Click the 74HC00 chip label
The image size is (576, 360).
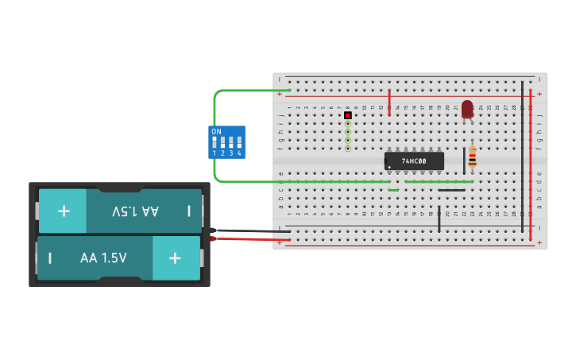[414, 161]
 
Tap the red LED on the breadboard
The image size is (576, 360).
[467, 109]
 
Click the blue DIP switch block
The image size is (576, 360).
[227, 142]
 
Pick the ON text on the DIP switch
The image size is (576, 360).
[216, 131]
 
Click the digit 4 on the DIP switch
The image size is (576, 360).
[239, 153]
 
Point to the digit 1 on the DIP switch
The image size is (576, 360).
[215, 153]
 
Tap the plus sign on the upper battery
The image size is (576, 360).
[64, 211]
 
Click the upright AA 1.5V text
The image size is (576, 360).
[103, 258]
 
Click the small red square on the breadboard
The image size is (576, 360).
[348, 115]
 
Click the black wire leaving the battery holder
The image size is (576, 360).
[246, 231]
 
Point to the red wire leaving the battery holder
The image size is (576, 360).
[246, 238]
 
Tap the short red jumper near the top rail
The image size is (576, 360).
[389, 102]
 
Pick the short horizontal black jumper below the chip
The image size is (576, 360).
[451, 190]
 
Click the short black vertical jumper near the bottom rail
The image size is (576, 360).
[439, 219]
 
